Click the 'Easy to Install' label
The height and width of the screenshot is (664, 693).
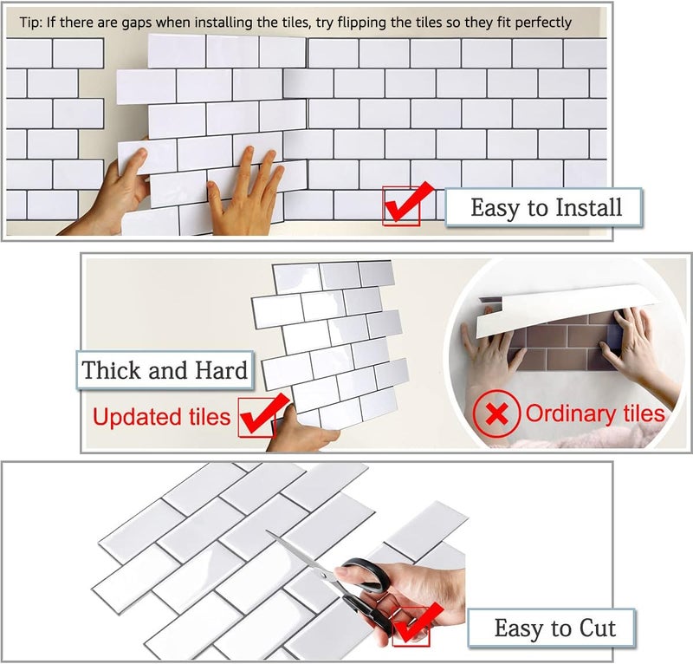click(545, 208)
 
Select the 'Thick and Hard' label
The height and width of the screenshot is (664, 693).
click(165, 371)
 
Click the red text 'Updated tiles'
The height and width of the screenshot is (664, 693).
click(161, 417)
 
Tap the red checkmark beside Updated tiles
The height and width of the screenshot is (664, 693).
click(261, 416)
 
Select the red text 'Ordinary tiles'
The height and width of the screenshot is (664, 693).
click(595, 413)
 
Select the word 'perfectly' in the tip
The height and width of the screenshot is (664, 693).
click(542, 22)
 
